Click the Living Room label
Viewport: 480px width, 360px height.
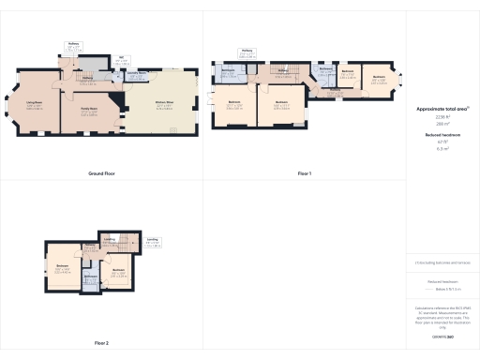pos(37,105)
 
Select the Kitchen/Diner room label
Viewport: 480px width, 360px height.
pos(162,106)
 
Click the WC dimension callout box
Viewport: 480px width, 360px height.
pos(122,62)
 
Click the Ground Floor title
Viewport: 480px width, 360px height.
pos(100,174)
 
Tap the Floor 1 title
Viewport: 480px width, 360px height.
pos(304,174)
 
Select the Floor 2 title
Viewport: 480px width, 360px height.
pos(101,343)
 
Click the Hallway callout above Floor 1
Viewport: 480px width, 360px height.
pos(247,52)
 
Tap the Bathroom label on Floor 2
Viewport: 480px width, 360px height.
pos(91,277)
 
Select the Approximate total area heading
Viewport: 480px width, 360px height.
pos(443,109)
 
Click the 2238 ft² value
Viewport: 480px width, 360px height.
pos(443,116)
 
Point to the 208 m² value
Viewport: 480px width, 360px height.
pos(443,124)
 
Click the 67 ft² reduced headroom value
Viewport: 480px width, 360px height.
pos(443,142)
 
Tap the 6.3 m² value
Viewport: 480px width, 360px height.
pos(443,149)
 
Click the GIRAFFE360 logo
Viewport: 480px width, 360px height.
pos(443,336)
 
